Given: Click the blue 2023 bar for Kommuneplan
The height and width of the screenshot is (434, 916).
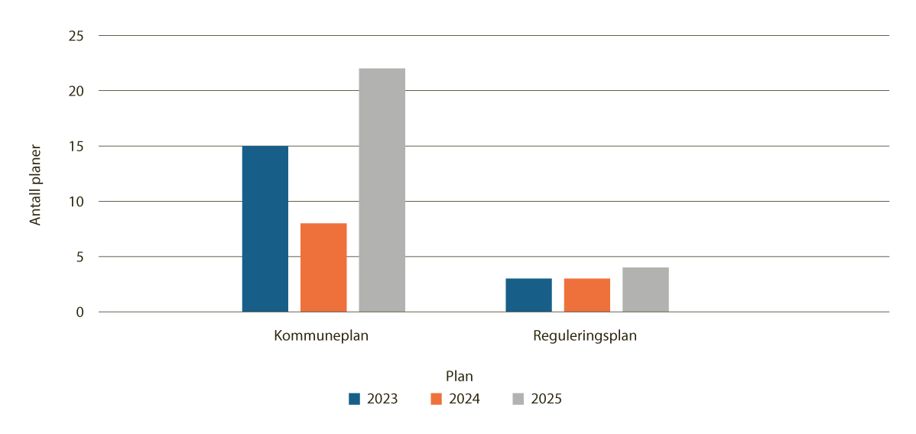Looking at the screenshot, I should pos(265,228).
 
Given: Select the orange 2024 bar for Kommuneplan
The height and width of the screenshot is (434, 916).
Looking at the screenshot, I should pos(323,267).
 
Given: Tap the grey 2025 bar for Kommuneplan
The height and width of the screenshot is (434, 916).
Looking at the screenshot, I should pos(382,190).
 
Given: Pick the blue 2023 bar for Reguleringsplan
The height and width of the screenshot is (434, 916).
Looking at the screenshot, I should pos(528,295).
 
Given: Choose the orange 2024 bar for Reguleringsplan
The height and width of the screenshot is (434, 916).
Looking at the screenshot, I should pos(586,295).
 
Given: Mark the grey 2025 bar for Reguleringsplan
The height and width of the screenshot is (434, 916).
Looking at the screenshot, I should pos(645,290).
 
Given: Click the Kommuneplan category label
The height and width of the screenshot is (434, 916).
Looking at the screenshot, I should pos(321,336).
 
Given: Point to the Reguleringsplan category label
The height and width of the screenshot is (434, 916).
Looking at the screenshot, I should pos(585,336).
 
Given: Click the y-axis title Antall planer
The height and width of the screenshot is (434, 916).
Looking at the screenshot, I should pos(35,185).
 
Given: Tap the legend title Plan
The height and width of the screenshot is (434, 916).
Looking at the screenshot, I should pos(459,376).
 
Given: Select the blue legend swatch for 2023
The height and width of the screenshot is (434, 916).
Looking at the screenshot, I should pos(354,399).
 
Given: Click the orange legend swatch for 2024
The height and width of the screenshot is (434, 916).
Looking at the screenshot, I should pos(437,399).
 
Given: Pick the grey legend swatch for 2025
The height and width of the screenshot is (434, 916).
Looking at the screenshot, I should pos(518,399).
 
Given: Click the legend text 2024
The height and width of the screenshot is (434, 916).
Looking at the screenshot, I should pos(465,399).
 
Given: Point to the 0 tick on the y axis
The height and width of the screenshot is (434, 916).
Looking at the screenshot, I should pos(79,312).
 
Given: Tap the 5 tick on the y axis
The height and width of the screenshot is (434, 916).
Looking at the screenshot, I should pos(79,257).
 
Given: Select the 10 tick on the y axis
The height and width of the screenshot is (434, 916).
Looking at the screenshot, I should pos(76,202).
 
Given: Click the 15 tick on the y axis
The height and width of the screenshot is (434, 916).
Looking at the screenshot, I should pos(76,146).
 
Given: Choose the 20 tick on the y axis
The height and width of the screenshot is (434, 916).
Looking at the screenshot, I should pos(76,91).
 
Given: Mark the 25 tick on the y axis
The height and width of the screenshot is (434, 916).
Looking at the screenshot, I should pos(76,36).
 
